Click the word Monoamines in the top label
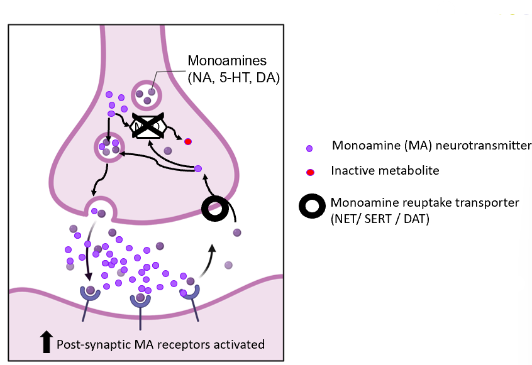[x=227, y=62]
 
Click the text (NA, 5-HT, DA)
[x=234, y=78]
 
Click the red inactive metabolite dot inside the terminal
[x=187, y=141]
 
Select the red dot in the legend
[x=309, y=171]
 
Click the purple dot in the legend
[x=309, y=148]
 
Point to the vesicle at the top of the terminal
[x=147, y=95]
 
